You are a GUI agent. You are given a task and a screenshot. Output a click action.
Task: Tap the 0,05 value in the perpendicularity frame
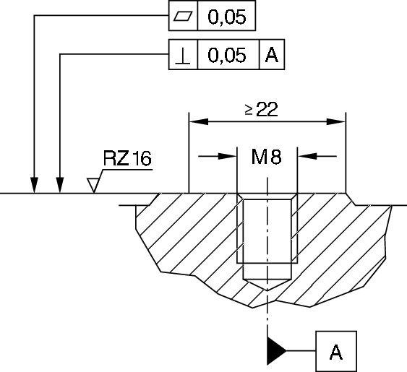click(x=226, y=55)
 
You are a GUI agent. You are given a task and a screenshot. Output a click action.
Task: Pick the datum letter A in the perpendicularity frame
click(x=271, y=55)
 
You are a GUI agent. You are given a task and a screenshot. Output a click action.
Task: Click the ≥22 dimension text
click(x=260, y=108)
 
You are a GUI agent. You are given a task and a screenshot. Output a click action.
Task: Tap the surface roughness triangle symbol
click(x=93, y=186)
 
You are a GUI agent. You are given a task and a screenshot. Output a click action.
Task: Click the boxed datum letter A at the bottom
click(x=335, y=352)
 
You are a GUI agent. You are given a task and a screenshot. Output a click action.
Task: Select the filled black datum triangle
click(x=276, y=350)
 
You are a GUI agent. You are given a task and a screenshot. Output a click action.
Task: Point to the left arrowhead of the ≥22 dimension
click(x=196, y=121)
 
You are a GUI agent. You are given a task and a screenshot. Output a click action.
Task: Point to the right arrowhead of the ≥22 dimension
click(x=338, y=121)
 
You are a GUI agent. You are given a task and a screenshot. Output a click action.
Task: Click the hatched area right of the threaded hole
click(x=340, y=238)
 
